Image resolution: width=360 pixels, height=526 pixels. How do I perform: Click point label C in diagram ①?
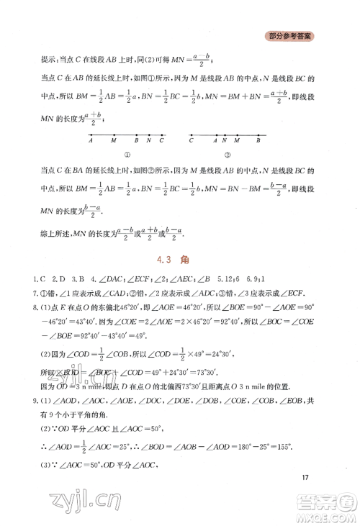click(x=163, y=142)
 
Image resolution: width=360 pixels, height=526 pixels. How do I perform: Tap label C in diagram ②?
click(x=192, y=142)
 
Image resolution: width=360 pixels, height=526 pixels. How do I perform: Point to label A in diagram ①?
click(x=91, y=142)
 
